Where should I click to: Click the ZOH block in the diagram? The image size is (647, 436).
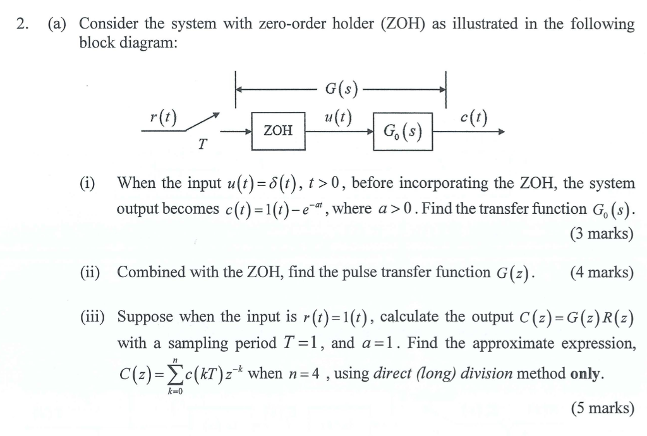[x=278, y=131]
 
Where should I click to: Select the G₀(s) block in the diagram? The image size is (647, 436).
[x=402, y=132]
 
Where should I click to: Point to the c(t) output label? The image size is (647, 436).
[x=474, y=117]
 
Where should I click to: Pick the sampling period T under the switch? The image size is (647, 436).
[x=202, y=144]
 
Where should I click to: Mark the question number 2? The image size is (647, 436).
[x=23, y=25]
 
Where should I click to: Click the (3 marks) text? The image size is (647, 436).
[x=601, y=234]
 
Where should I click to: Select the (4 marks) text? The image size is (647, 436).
[x=601, y=272]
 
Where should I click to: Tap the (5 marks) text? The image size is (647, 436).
[x=601, y=408]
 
